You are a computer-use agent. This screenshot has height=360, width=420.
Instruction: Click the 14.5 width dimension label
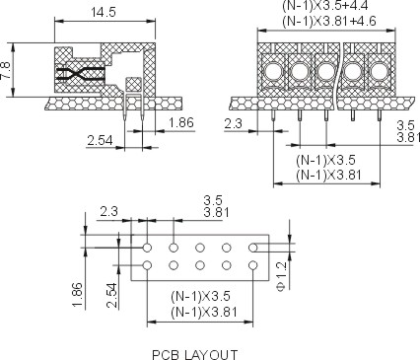click(104, 13)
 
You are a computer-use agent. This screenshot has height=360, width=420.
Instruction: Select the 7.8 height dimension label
click(5, 71)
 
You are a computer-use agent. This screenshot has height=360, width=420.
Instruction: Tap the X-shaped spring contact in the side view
click(80, 74)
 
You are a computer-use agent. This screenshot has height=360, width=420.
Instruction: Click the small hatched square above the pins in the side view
click(134, 85)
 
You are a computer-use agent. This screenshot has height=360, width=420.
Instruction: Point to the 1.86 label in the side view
click(181, 122)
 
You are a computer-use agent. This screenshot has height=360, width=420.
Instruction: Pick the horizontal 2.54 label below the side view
click(100, 140)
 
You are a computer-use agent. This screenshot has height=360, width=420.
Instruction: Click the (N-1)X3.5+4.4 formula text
click(325, 6)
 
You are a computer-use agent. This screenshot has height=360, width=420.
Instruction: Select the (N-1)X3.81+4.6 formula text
click(329, 22)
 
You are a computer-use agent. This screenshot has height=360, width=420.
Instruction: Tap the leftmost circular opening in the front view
click(273, 71)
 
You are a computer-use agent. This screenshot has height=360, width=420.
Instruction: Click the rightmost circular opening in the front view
click(379, 71)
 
